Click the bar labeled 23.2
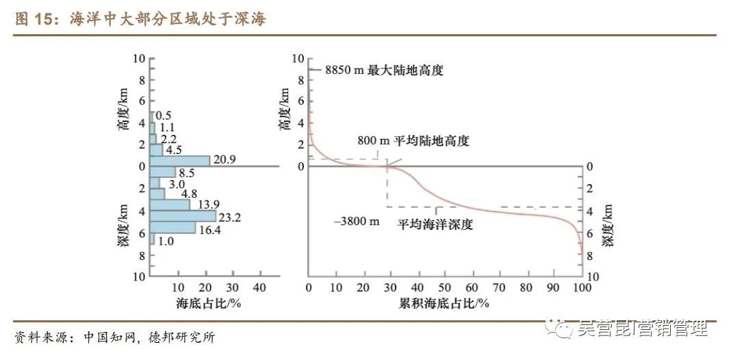pyautogui.click(x=183, y=216)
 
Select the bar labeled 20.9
pyautogui.click(x=180, y=161)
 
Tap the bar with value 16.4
pyautogui.click(x=172, y=227)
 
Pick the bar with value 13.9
pyautogui.click(x=170, y=205)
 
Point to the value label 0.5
pyautogui.click(x=164, y=116)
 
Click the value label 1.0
pyautogui.click(x=166, y=241)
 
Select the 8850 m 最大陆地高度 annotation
pyautogui.click(x=384, y=70)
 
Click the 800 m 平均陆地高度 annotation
pyautogui.click(x=413, y=141)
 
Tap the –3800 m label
pyautogui.click(x=355, y=221)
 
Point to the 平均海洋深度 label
pyautogui.click(x=435, y=224)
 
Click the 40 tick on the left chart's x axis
pyautogui.click(x=259, y=287)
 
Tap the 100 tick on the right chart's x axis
pyautogui.click(x=580, y=287)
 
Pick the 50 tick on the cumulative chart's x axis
pyautogui.click(x=444, y=287)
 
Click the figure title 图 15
pyautogui.click(x=38, y=20)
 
